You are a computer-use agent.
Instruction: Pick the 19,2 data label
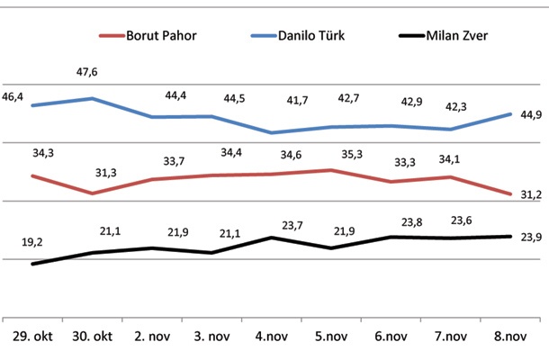32,242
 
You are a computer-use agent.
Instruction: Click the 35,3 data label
331,155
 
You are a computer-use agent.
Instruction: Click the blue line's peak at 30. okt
92,98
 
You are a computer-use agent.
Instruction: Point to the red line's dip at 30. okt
92,193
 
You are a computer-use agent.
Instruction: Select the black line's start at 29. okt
32,264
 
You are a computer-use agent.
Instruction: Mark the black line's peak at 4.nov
272,238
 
